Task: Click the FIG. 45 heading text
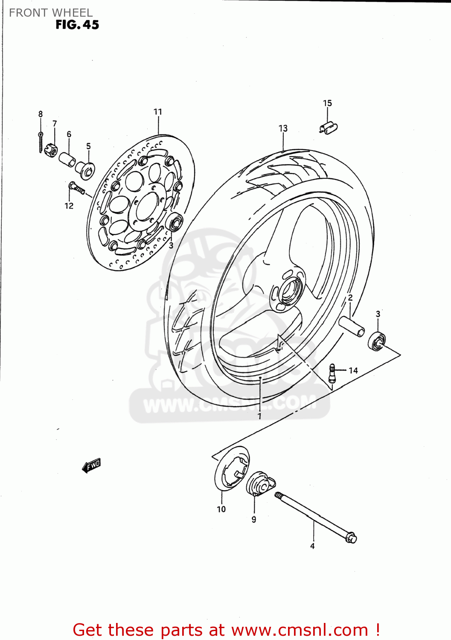tap(77, 25)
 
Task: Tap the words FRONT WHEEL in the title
tap(51, 13)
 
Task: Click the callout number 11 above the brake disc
tap(158, 112)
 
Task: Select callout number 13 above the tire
tap(283, 128)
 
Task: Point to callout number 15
tap(327, 103)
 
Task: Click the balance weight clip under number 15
tap(329, 128)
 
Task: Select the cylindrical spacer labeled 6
tap(67, 159)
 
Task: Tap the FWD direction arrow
tap(92, 465)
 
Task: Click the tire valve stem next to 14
tap(332, 372)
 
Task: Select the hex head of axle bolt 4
tap(351, 537)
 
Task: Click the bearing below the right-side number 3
tap(377, 340)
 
